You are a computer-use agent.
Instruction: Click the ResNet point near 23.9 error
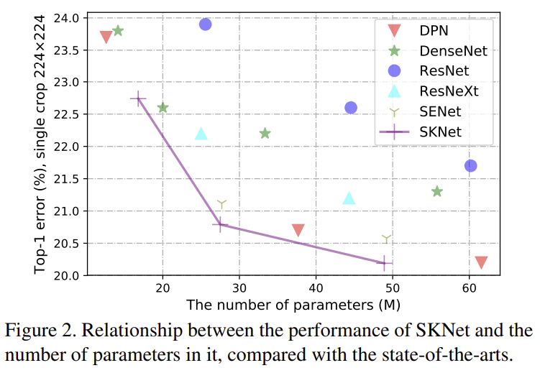click(205, 24)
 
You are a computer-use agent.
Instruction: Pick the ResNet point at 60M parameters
click(471, 165)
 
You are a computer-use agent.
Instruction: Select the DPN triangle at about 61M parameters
click(481, 262)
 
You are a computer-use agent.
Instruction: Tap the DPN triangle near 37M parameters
click(298, 230)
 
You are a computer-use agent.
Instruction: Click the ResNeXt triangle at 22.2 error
click(201, 134)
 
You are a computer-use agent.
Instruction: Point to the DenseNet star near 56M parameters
click(436, 191)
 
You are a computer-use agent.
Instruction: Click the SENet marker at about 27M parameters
click(221, 205)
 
